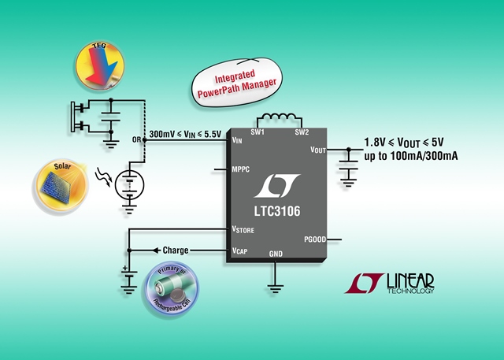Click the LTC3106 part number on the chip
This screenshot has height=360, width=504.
(277, 211)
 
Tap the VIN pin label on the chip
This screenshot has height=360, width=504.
(237, 140)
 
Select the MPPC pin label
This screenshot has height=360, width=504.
(241, 169)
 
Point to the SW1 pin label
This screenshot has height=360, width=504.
(258, 132)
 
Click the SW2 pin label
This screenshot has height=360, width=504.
(302, 132)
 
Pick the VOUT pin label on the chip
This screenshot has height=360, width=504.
(318, 150)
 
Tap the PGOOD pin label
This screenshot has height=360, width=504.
(315, 239)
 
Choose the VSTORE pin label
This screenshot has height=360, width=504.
(243, 229)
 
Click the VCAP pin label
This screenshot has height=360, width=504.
(239, 251)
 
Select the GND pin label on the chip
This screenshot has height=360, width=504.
(276, 254)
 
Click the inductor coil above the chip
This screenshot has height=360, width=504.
(280, 117)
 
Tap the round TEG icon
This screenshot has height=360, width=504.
(100, 65)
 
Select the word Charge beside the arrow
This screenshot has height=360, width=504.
(176, 251)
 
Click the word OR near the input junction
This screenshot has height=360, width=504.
(136, 139)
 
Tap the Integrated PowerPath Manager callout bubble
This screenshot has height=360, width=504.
(237, 83)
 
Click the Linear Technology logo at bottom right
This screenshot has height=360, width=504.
(390, 284)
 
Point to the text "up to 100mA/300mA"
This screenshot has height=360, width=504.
(411, 156)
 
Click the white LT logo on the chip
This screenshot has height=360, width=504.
(277, 186)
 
